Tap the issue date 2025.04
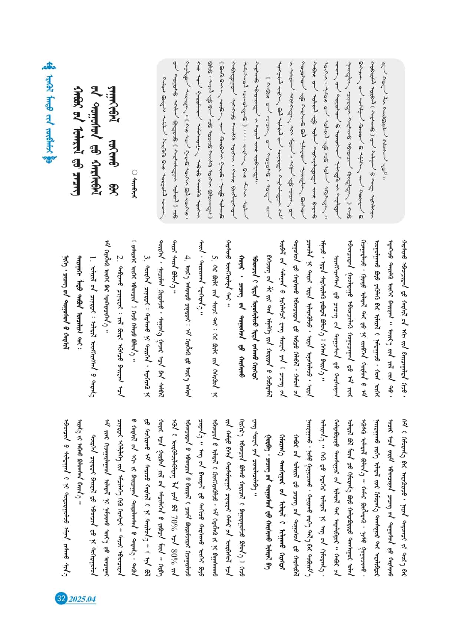click(81, 599)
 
